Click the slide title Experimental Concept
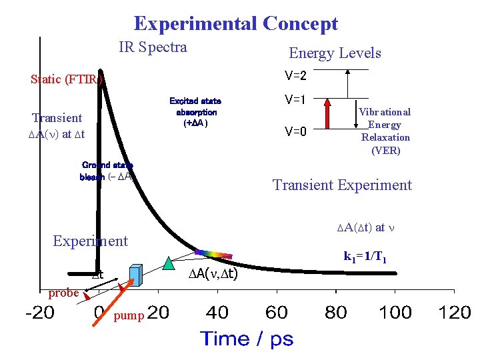(236, 24)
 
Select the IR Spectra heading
(153, 47)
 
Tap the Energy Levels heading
(335, 53)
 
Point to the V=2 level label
(295, 74)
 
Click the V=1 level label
(295, 101)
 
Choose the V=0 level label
(295, 131)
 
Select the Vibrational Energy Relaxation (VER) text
(385, 131)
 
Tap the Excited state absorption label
(195, 112)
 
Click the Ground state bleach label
(107, 171)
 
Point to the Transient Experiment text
(343, 185)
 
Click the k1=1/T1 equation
(366, 255)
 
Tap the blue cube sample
(136, 275)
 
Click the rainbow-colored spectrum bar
(213, 254)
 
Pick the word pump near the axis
(128, 315)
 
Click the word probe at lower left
(64, 293)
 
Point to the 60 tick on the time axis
(276, 312)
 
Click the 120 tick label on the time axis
(455, 312)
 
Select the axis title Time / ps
(247, 339)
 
